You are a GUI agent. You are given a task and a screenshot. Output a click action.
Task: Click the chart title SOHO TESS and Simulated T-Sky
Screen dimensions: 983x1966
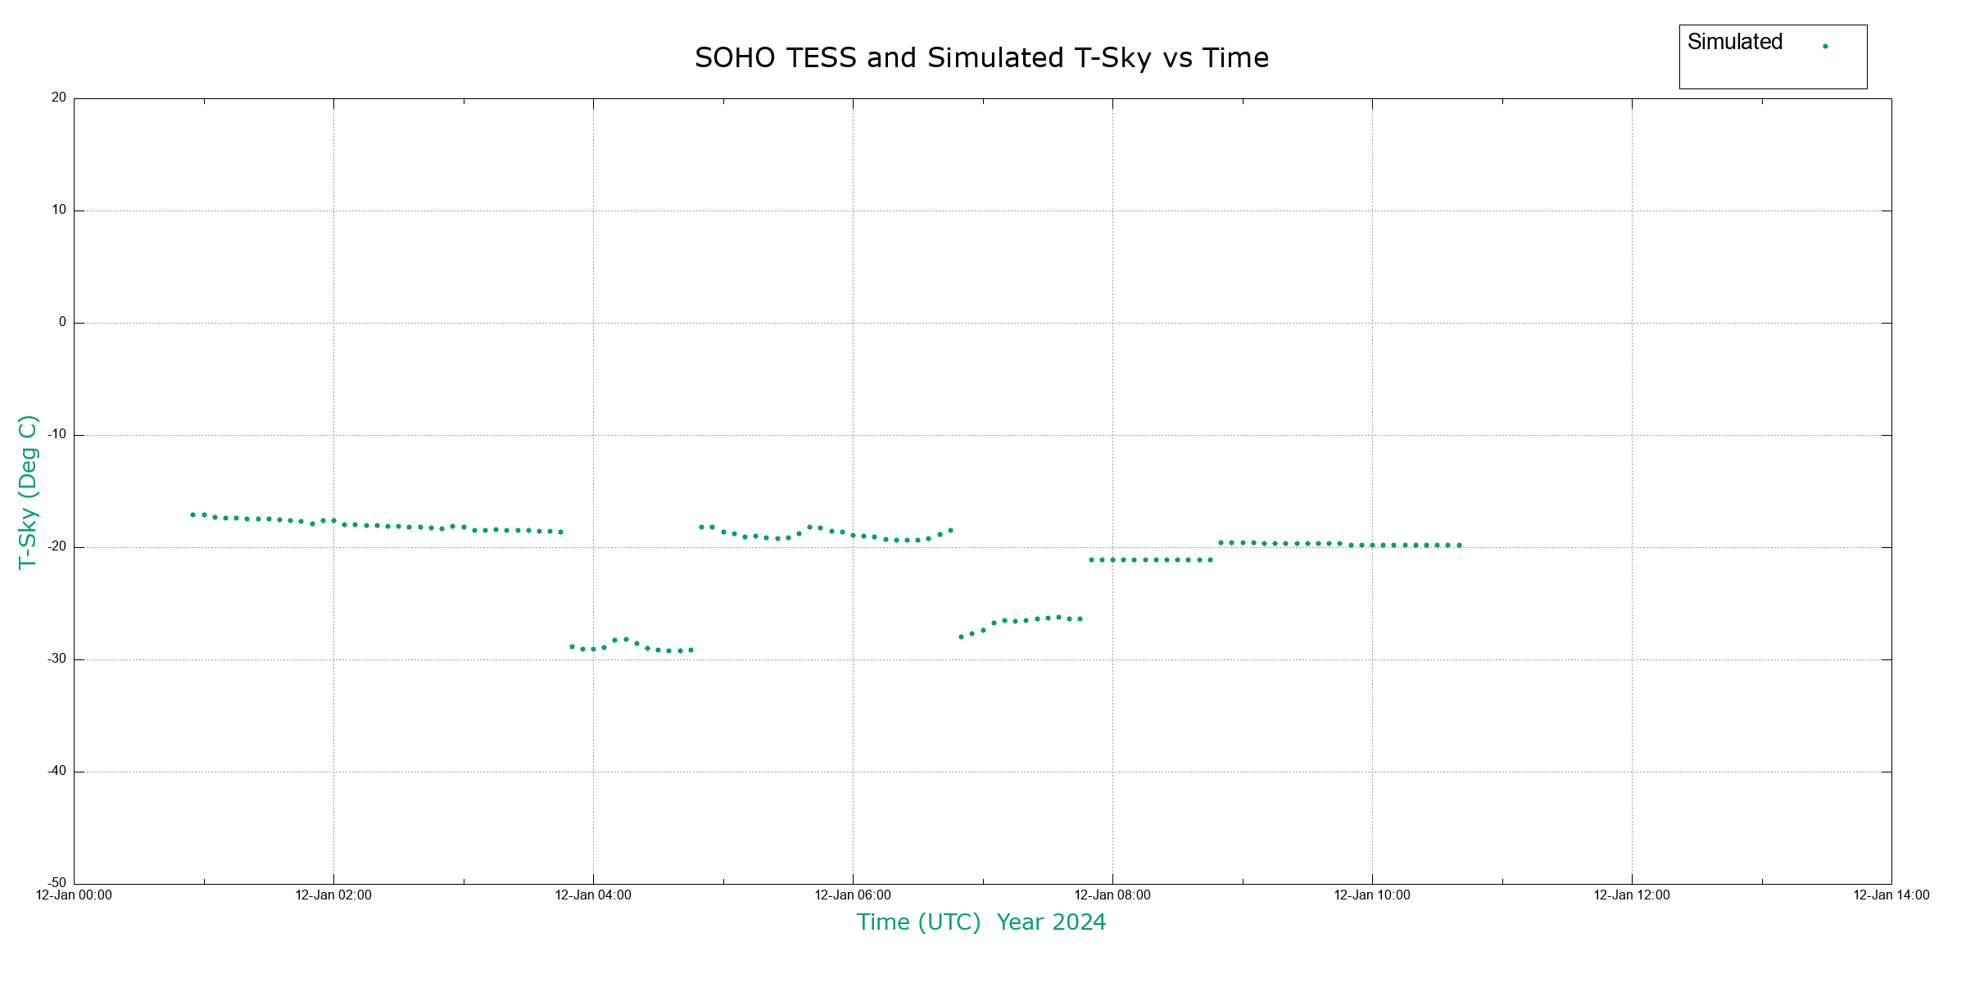[981, 58]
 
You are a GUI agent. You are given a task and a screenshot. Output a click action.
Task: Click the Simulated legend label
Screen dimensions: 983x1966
[1734, 43]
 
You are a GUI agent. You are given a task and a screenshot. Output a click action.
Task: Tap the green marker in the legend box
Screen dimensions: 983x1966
[1825, 47]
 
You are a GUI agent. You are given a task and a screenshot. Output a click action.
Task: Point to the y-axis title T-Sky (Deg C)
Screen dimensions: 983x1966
[28, 491]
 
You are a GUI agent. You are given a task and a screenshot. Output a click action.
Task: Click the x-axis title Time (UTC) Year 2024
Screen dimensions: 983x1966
[981, 922]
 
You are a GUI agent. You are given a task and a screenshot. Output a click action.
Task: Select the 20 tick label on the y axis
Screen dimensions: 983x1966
[59, 97]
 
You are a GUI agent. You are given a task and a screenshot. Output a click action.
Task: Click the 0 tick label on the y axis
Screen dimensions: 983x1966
[62, 322]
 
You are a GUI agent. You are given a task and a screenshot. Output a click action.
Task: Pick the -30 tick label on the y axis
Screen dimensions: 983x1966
[57, 659]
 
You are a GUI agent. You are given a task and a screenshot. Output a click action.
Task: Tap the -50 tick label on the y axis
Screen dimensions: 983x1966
[57, 883]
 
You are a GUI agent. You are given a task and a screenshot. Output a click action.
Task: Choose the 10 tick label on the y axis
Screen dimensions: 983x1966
[59, 210]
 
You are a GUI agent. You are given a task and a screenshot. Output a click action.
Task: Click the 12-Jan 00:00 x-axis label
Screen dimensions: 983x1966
[74, 895]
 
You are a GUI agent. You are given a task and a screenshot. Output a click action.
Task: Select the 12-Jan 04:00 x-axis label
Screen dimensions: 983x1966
[593, 895]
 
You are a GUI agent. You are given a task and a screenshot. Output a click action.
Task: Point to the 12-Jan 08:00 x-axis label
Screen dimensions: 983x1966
[1112, 895]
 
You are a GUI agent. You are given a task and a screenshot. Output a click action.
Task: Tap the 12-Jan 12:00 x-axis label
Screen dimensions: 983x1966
[1632, 895]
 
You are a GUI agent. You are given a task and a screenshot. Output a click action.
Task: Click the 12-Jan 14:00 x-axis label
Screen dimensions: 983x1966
[1891, 895]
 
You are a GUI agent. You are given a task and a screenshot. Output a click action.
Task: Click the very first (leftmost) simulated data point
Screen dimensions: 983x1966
[193, 515]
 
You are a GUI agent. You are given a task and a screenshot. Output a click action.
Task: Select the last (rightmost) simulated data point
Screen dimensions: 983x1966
[1459, 546]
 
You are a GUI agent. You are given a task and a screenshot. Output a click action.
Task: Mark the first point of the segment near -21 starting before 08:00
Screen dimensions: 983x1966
[1091, 560]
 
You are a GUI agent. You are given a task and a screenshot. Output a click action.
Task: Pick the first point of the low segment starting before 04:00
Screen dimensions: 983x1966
[572, 647]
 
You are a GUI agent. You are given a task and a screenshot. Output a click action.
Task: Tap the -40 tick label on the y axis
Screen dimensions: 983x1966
[57, 771]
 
